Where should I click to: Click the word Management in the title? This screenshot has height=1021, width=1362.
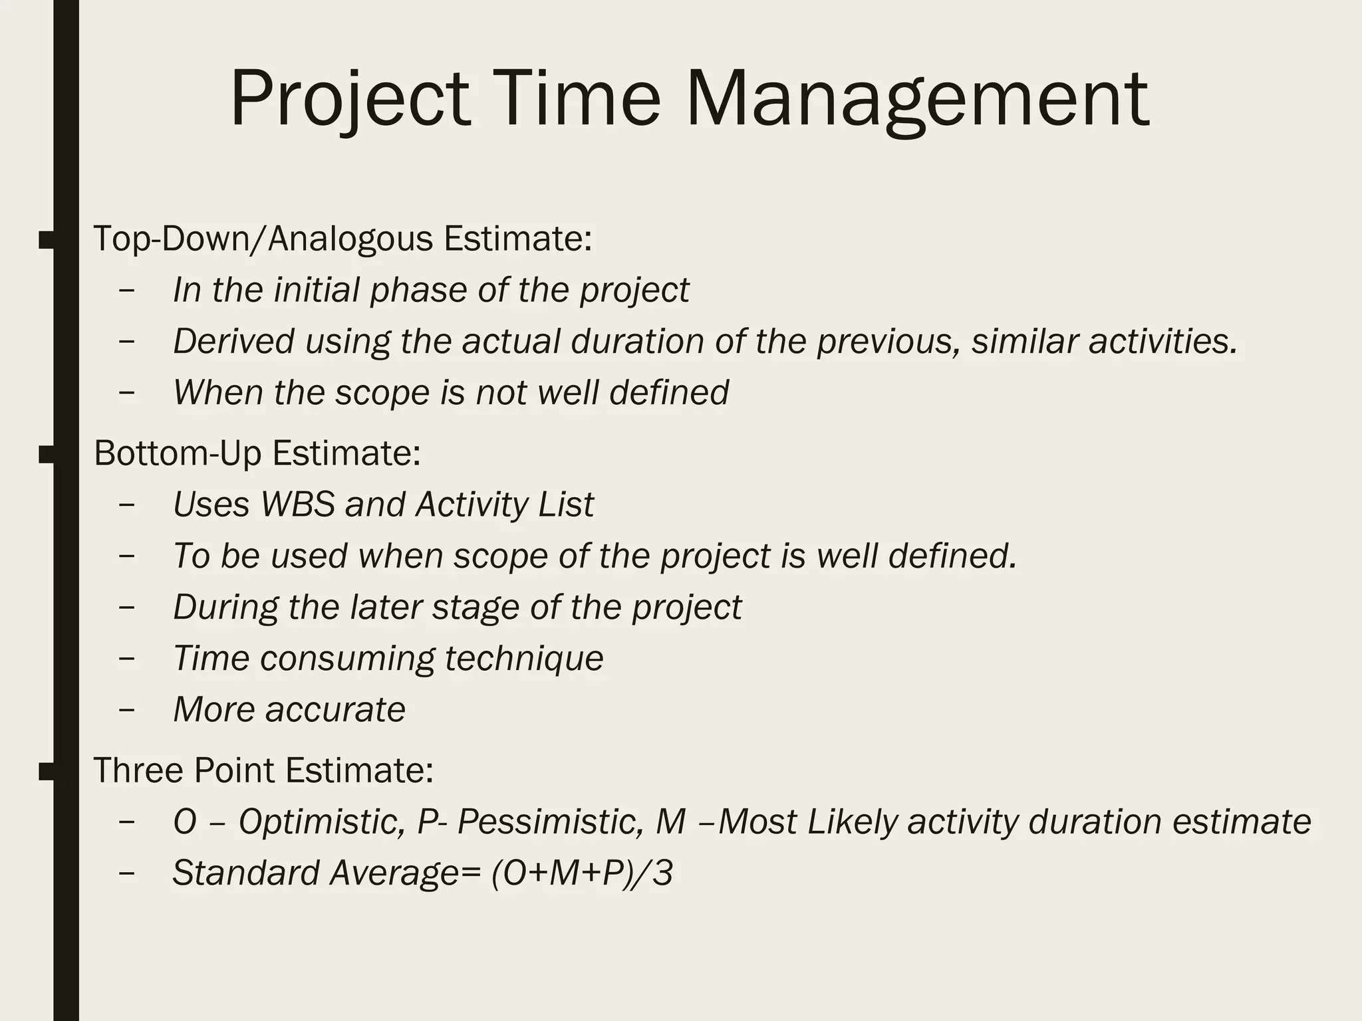(916, 100)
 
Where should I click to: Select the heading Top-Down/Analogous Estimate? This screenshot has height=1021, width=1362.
(342, 239)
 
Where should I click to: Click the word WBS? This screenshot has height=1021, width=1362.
(297, 504)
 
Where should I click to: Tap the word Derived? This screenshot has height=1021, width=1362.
(233, 341)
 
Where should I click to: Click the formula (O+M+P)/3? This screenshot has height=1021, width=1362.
(582, 873)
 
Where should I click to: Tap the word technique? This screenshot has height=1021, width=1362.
(523, 658)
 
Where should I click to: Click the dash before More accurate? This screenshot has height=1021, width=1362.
(126, 709)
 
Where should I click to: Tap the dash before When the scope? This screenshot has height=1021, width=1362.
(126, 392)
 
